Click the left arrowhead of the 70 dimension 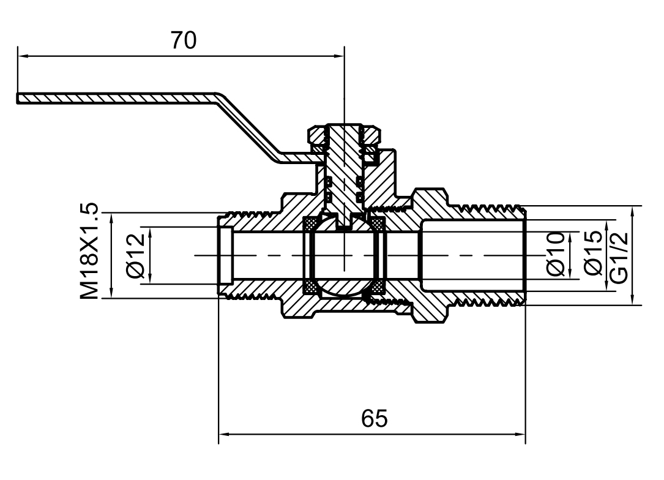coord(23,57)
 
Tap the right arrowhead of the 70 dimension coord(340,57)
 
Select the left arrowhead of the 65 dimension coord(223,435)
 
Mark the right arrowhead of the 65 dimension coord(521,435)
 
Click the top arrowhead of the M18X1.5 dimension coord(111,216)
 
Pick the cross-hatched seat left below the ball coord(311,287)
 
